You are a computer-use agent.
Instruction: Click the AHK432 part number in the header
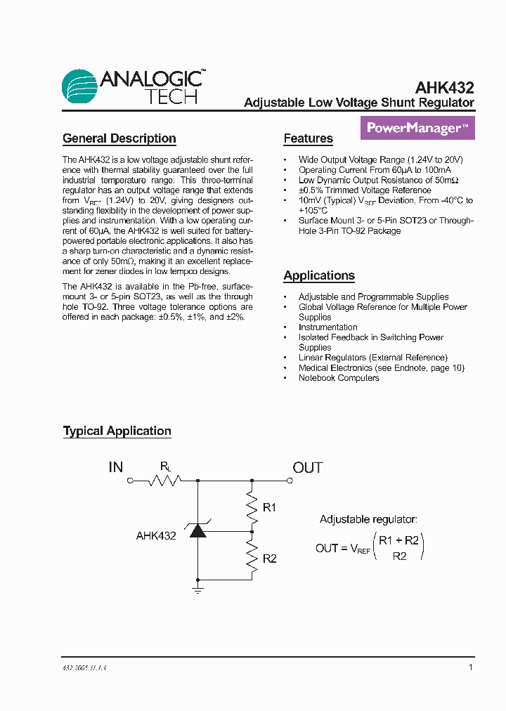click(444, 88)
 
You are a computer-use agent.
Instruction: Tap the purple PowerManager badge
click(417, 129)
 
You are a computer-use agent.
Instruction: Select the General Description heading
click(119, 138)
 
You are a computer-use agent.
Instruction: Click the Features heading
click(308, 138)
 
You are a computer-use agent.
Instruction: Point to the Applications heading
click(318, 275)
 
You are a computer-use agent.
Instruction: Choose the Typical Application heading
click(117, 431)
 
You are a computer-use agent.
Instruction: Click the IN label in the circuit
click(115, 467)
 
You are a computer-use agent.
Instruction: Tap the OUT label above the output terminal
click(308, 467)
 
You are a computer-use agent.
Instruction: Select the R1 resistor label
click(270, 507)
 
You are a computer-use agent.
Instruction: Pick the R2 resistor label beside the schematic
click(270, 559)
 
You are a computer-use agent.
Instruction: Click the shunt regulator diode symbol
click(197, 531)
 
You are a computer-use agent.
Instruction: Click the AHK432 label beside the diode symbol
click(156, 535)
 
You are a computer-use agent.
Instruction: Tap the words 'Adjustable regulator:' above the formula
click(368, 519)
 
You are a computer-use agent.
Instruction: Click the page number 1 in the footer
click(470, 667)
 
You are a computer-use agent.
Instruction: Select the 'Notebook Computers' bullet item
click(339, 378)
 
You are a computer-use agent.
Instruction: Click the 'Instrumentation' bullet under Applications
click(327, 327)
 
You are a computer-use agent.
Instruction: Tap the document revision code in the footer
click(85, 668)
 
